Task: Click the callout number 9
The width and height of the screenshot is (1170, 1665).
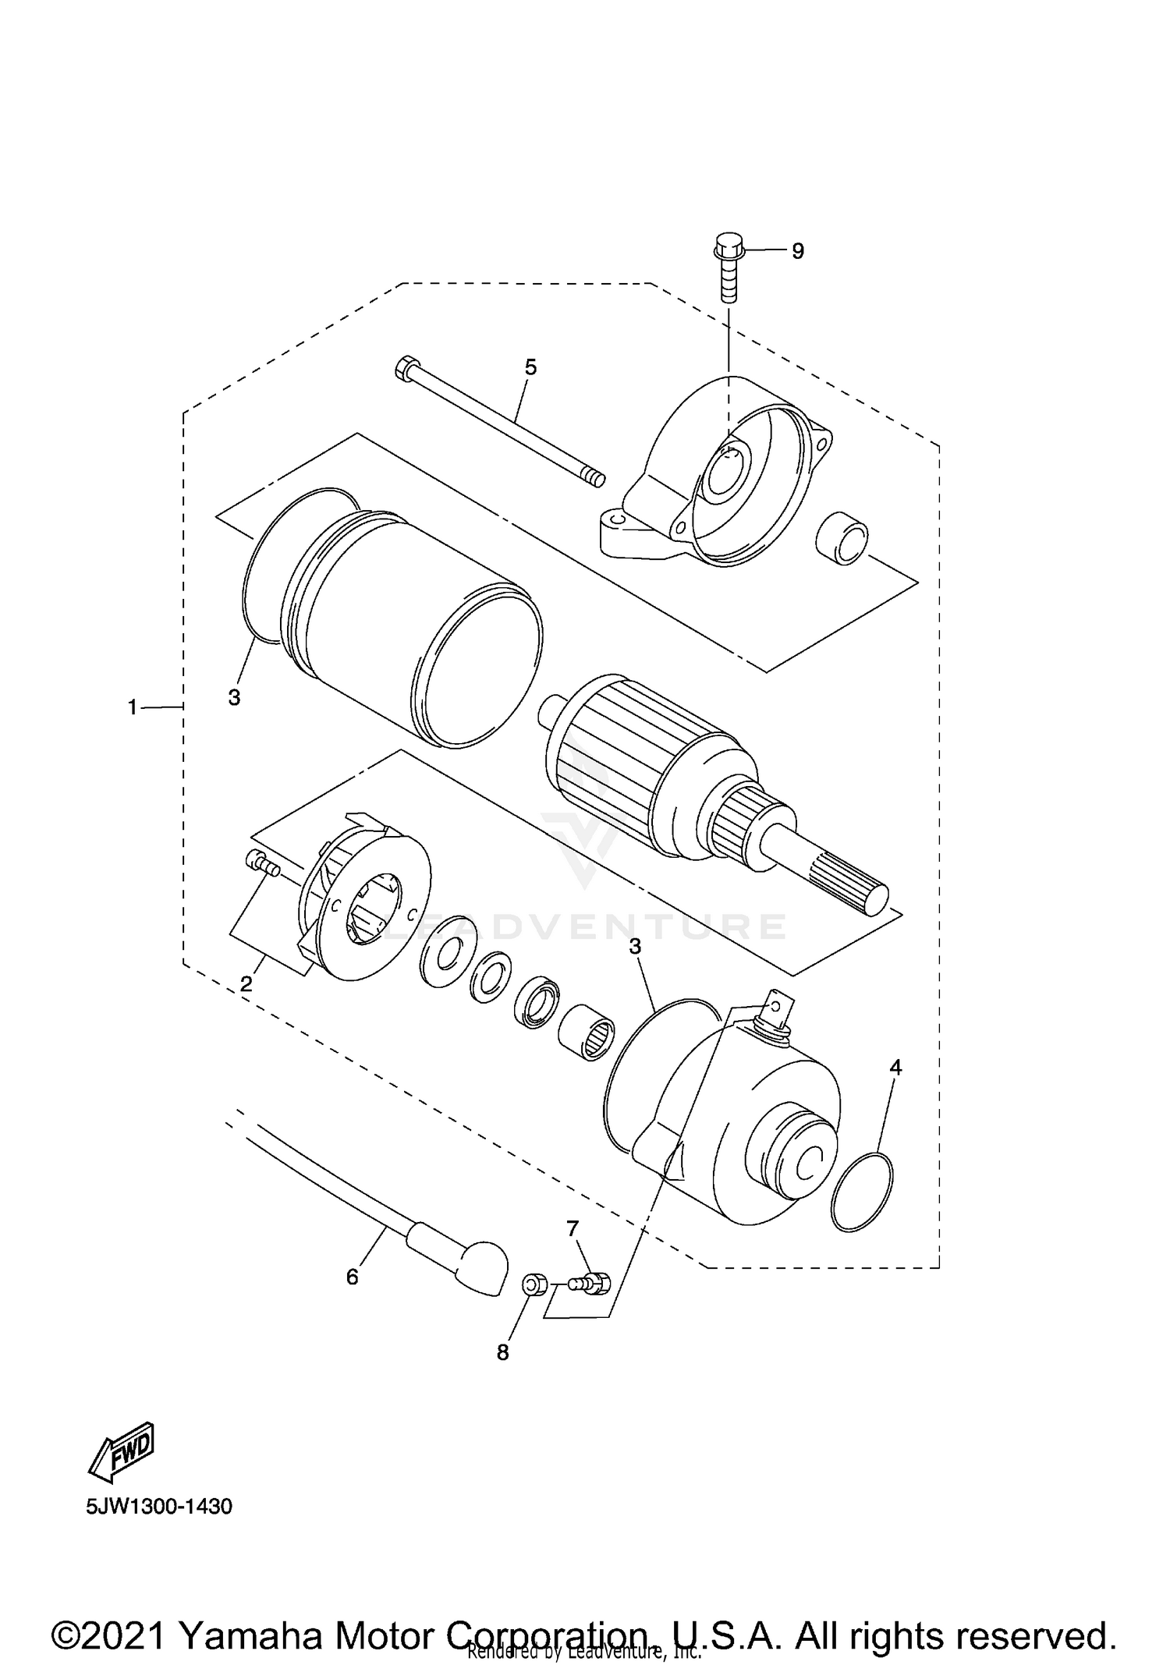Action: [797, 251]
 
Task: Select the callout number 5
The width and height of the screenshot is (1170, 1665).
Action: [530, 367]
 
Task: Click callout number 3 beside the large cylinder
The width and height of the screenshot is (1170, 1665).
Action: [234, 697]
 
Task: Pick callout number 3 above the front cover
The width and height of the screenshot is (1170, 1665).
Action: [635, 947]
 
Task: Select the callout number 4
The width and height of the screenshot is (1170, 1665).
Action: [895, 1068]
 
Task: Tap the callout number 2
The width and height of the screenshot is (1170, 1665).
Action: [246, 984]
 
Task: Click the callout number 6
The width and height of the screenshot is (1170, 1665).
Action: [352, 1277]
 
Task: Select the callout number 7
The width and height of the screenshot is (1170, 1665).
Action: [573, 1229]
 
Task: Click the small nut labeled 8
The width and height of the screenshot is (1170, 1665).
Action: [533, 1284]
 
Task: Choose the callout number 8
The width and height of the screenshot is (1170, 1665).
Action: [503, 1352]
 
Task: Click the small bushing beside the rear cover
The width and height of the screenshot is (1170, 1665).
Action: [842, 538]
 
